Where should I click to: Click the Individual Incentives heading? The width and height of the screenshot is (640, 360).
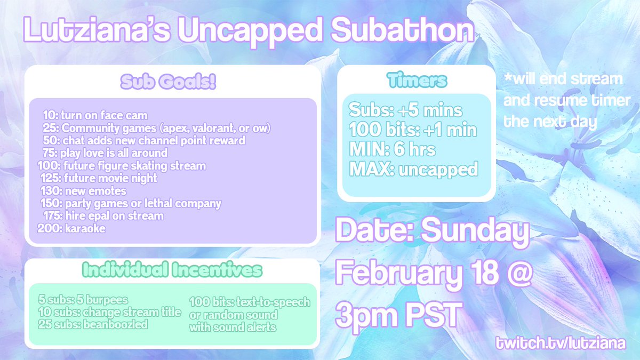coord(172,270)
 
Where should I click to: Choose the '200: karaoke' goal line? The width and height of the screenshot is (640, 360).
coord(72,229)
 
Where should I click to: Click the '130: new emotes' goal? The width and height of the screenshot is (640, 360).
coord(83,191)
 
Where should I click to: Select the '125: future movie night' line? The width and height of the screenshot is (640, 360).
coord(98,178)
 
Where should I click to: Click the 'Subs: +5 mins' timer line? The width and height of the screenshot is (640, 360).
coord(405,111)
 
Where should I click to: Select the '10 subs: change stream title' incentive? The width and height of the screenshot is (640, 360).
coord(110,313)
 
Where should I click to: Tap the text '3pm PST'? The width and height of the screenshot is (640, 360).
coord(397,316)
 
